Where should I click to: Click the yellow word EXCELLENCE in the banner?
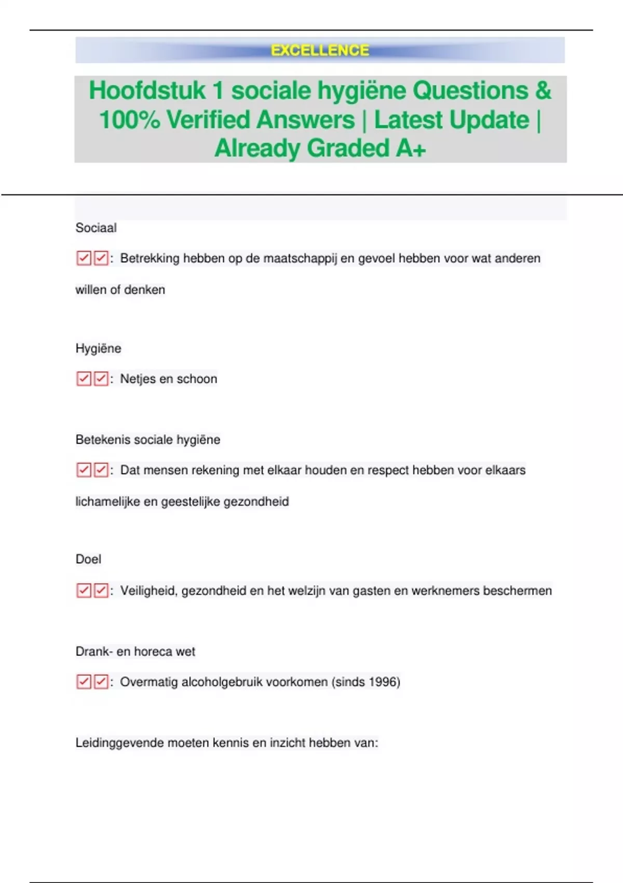pos(320,50)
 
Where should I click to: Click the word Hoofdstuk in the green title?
pos(147,90)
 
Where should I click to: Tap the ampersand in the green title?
pos(543,90)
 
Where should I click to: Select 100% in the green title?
pos(129,120)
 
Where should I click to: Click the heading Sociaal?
pos(96,228)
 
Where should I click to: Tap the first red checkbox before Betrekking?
pos(84,258)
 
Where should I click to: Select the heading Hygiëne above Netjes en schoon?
pos(98,349)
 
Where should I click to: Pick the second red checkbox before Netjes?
pos(101,379)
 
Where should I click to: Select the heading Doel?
pos(88,559)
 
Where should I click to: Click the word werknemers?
pos(445,591)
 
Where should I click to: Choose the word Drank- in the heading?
pos(93,652)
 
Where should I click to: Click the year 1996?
pos(383,682)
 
